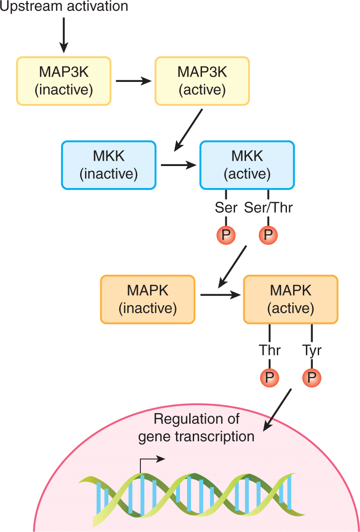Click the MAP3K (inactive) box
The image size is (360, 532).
[64, 81]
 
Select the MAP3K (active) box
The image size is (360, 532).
[202, 81]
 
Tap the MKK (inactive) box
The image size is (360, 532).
[109, 165]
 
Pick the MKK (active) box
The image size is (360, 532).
[247, 165]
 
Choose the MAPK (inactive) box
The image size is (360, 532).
[147, 299]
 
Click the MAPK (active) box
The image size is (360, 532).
[290, 299]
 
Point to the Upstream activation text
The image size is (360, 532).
[64, 7]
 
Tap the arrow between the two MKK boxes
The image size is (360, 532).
[178, 166]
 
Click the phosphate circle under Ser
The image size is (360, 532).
[226, 236]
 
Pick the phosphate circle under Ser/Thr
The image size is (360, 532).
[268, 236]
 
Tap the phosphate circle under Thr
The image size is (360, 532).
[269, 377]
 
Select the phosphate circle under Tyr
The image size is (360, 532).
[312, 377]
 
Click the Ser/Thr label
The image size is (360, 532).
[268, 207]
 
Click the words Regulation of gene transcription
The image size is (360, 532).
[196, 428]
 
